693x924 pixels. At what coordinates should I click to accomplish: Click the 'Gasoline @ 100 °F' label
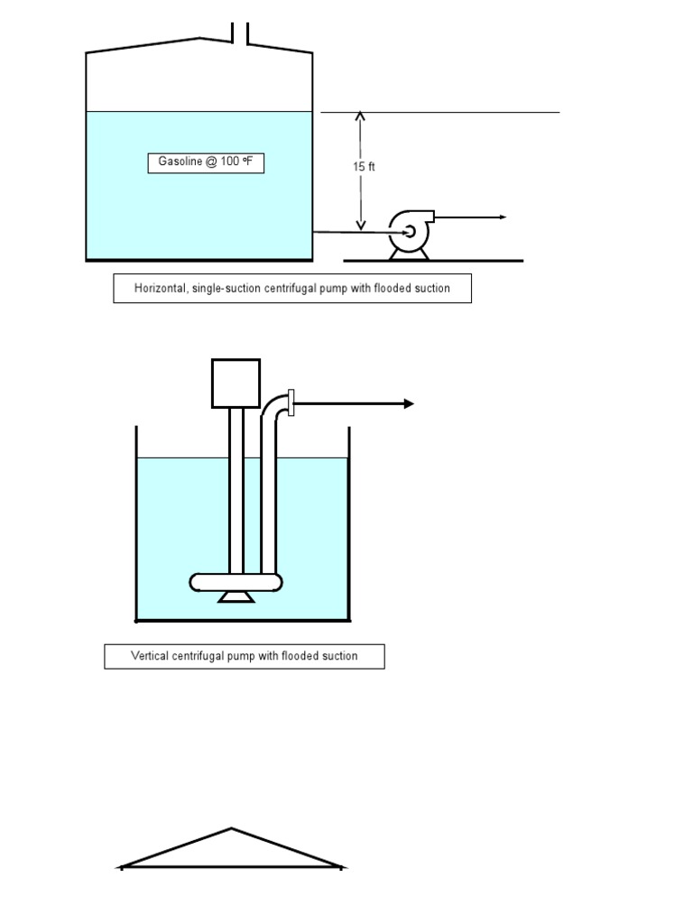click(x=206, y=162)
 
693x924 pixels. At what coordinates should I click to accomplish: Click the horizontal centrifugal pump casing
click(x=409, y=231)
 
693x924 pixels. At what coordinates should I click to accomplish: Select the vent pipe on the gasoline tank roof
click(x=240, y=32)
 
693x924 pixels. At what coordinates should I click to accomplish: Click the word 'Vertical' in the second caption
click(x=150, y=656)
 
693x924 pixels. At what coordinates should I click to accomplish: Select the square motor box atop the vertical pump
click(x=236, y=383)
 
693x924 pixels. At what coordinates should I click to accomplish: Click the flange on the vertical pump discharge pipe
click(x=291, y=403)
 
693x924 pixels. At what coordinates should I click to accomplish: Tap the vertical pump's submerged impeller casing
click(x=236, y=582)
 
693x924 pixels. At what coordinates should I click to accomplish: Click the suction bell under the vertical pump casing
click(x=236, y=596)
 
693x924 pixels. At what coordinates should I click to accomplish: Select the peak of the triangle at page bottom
click(x=231, y=829)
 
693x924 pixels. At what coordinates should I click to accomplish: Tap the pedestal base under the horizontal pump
click(x=409, y=254)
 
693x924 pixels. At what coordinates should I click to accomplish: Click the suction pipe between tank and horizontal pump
click(x=352, y=232)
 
